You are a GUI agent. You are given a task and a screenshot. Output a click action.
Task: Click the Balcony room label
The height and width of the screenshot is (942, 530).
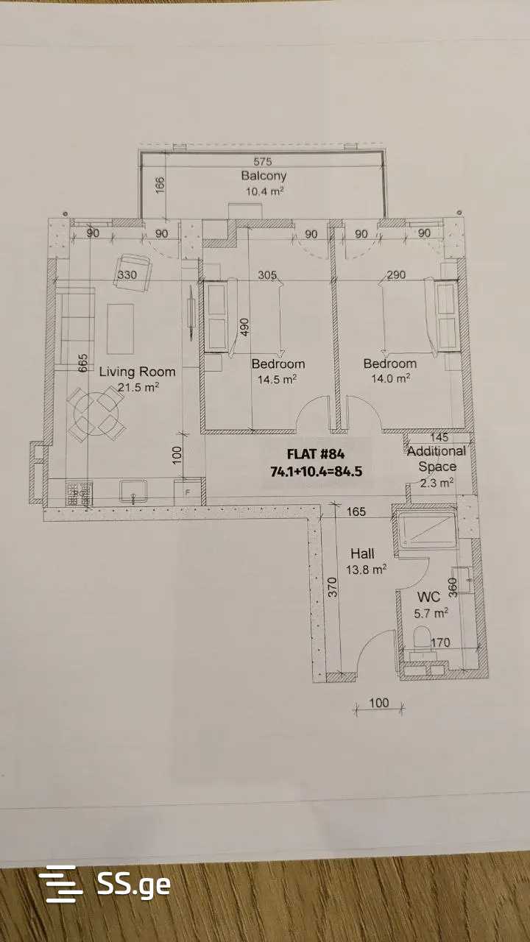tap(264, 176)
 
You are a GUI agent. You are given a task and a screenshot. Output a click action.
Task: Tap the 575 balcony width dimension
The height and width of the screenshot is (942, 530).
tap(263, 161)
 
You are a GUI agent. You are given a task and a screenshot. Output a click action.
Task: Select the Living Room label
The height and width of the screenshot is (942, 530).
tap(137, 372)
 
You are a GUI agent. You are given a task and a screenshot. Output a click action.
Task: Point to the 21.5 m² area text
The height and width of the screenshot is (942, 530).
tap(138, 387)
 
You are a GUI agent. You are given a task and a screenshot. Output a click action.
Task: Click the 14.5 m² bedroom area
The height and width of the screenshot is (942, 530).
tap(278, 379)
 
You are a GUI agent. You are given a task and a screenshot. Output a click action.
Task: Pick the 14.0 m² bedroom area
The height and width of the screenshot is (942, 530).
tap(390, 378)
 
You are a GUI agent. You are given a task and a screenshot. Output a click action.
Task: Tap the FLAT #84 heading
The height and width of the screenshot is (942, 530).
tap(316, 454)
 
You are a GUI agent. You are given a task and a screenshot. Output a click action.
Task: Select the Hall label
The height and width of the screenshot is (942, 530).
tap(362, 553)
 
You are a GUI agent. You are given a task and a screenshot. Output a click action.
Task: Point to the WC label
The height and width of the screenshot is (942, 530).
tap(428, 597)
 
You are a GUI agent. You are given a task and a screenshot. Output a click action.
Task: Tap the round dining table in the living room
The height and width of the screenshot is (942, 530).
tap(96, 414)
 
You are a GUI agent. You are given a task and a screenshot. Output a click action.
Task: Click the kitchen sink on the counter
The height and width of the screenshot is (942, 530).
tap(133, 491)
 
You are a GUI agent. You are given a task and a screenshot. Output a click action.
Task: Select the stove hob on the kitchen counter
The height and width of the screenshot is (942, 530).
tap(79, 493)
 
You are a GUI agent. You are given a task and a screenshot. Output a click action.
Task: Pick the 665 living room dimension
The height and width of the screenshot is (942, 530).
tap(83, 363)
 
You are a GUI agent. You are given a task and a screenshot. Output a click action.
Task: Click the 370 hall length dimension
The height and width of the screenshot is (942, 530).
tap(332, 587)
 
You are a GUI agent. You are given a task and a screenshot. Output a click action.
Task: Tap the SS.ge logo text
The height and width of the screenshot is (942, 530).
tap(134, 885)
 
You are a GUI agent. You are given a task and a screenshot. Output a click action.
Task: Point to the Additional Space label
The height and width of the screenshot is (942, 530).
tap(437, 458)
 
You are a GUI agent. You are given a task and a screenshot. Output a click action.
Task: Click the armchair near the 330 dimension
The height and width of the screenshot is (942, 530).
tap(132, 272)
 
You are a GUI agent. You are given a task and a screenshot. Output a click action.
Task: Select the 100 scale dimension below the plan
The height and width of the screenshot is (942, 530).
tap(378, 703)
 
